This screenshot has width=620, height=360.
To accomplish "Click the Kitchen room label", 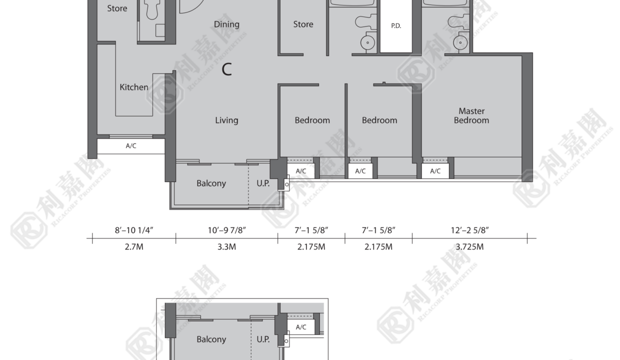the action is [x=134, y=87].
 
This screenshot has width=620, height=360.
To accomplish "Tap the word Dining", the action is [x=226, y=24].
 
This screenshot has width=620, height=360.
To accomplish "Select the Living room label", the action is [x=226, y=120].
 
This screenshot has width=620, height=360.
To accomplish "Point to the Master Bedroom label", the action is [x=471, y=115].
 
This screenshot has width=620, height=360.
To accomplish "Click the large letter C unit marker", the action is [x=226, y=69].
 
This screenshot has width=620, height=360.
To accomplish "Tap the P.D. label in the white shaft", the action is [x=396, y=25].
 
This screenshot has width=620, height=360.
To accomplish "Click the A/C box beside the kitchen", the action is [x=131, y=146].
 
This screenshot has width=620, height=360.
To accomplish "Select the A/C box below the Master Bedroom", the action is [x=435, y=171].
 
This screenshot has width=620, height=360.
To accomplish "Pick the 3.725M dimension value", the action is [x=469, y=247].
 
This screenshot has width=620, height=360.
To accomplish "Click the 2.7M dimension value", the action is [x=134, y=247].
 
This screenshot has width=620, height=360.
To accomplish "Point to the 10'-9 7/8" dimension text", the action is [x=226, y=230].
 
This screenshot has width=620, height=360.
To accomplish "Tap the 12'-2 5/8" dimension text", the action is [x=469, y=230].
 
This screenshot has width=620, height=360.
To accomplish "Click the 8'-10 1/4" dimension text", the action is [x=134, y=230].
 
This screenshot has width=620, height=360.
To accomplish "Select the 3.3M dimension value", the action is [x=226, y=247].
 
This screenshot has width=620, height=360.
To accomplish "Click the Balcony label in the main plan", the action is [x=211, y=183].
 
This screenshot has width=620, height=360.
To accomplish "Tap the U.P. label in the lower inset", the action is [x=263, y=339].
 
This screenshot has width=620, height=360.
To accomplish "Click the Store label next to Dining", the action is [x=303, y=24].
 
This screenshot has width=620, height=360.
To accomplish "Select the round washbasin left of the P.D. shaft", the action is [x=367, y=42].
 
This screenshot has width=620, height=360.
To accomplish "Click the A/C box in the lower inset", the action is [x=301, y=327].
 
